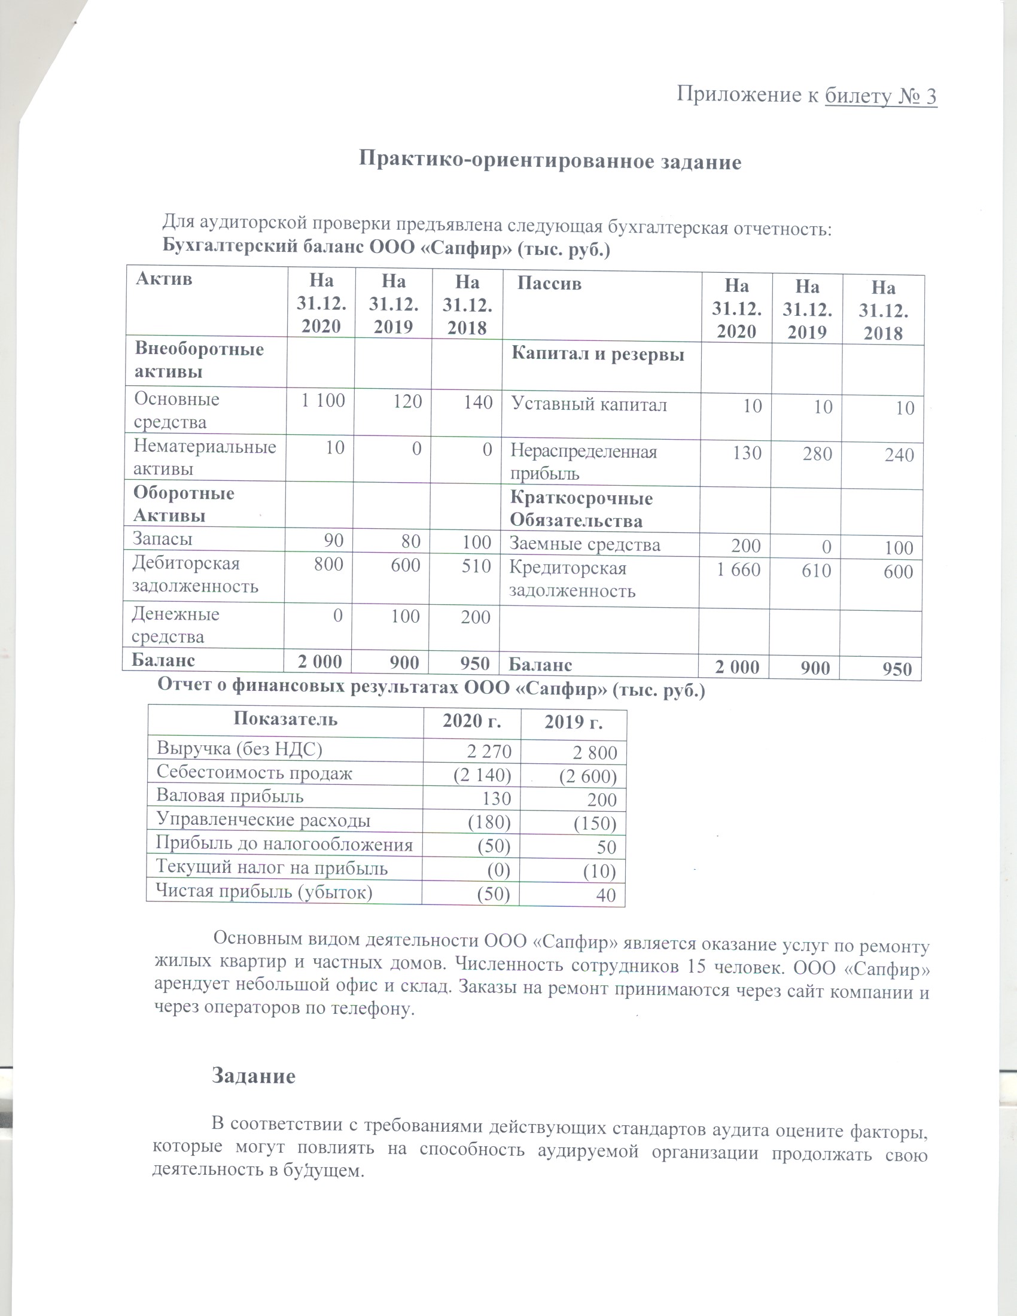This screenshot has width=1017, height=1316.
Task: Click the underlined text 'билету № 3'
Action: (880, 96)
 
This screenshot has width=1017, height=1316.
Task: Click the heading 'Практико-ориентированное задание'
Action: (549, 161)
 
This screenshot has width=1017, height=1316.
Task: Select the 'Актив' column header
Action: (164, 278)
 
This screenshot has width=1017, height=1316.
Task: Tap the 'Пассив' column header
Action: (549, 283)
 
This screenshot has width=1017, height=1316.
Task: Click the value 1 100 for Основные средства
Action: (323, 400)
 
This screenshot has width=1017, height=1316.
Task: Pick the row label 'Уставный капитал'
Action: (589, 404)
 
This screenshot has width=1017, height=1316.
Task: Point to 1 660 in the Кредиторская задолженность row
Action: (738, 569)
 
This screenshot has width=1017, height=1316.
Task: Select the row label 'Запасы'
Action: (162, 539)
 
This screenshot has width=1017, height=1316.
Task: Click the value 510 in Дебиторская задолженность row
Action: (476, 566)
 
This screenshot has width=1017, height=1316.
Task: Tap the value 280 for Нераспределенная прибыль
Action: (817, 454)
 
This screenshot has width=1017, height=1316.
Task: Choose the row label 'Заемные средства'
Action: (584, 545)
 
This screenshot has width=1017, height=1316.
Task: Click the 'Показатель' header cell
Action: (285, 719)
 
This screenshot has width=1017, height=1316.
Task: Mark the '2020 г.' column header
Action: (471, 721)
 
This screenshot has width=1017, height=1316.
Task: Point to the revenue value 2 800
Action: (595, 753)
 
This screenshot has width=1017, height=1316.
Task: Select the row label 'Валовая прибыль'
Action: (230, 796)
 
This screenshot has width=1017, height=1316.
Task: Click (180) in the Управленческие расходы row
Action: (489, 822)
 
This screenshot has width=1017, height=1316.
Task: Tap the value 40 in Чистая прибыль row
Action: (605, 895)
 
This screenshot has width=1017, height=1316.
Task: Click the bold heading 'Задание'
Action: (253, 1076)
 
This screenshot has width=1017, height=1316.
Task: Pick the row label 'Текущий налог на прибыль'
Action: (271, 868)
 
